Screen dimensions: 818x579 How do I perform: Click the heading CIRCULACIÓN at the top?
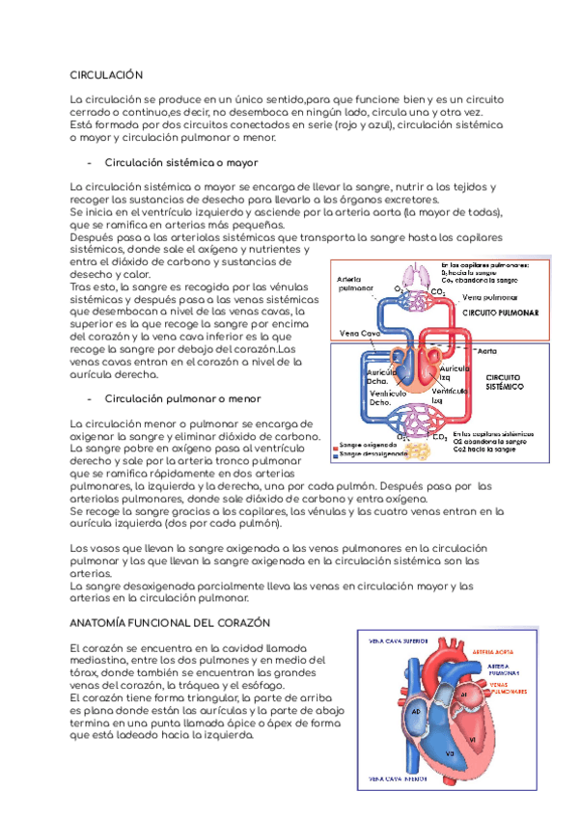107,73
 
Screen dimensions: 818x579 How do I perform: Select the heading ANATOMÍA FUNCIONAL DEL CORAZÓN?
171,622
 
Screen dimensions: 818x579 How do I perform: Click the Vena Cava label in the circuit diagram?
359,333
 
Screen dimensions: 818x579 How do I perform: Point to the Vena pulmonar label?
489,298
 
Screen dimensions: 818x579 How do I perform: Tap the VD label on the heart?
450,752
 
